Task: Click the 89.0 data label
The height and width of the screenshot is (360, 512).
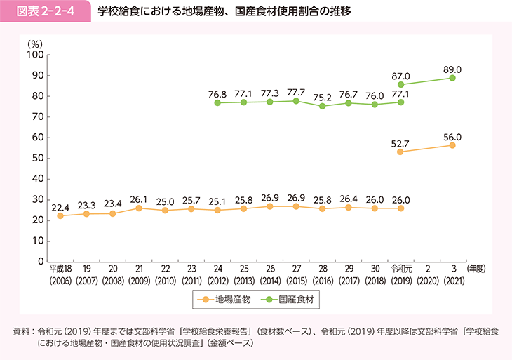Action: click(x=452, y=67)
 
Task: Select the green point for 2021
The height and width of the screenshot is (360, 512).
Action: click(x=452, y=78)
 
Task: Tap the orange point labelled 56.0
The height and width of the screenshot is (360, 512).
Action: click(x=452, y=145)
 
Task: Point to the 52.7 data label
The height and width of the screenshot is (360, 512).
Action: click(x=400, y=141)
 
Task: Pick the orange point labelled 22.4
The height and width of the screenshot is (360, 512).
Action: click(x=60, y=215)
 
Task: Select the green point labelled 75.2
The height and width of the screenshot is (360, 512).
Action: click(x=322, y=106)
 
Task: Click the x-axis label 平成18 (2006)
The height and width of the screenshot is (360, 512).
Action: click(x=60, y=274)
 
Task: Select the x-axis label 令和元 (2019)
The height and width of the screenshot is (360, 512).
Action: click(x=400, y=274)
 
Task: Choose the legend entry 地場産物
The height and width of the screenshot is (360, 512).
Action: click(x=220, y=299)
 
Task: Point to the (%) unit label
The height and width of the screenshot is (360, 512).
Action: click(x=35, y=43)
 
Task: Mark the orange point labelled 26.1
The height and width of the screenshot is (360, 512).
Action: click(x=139, y=208)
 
